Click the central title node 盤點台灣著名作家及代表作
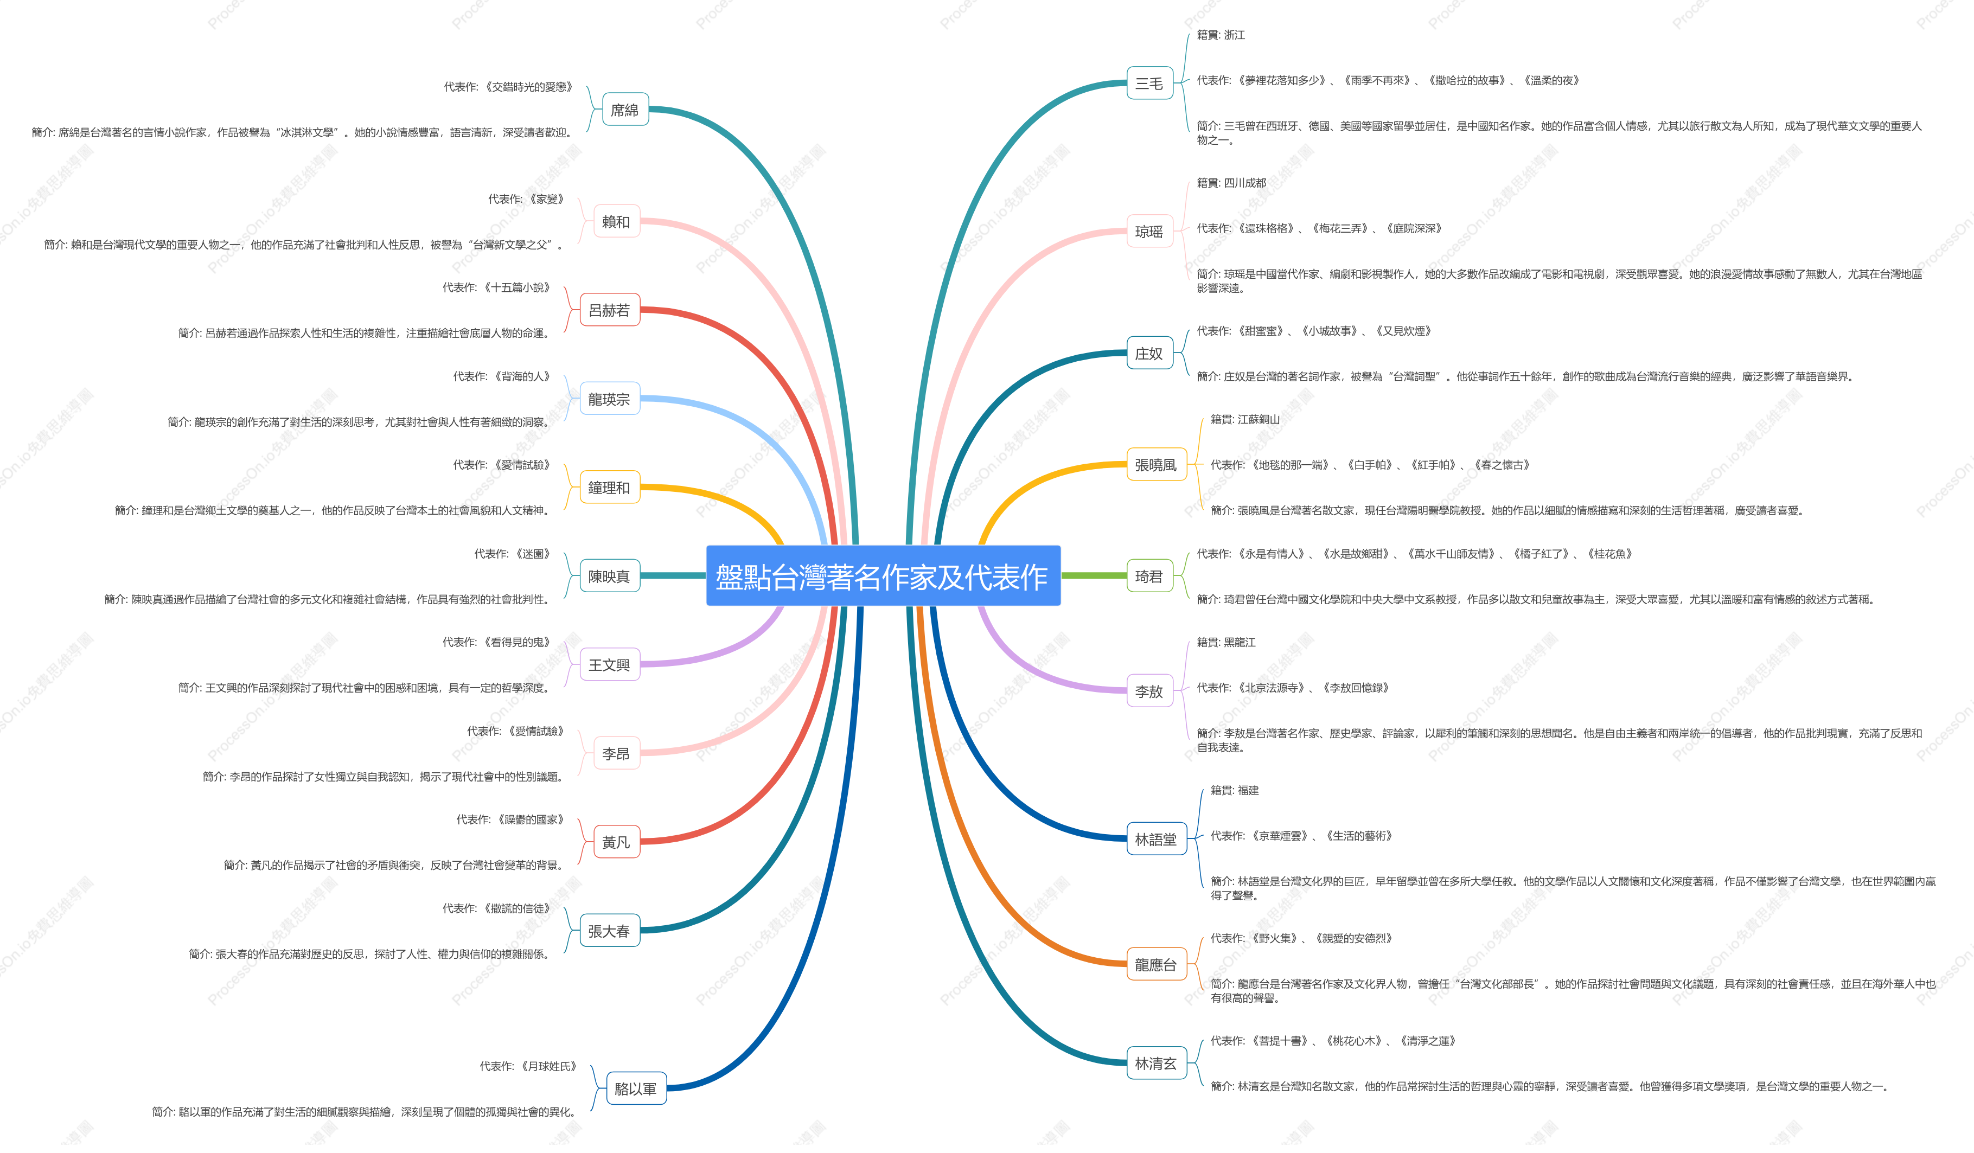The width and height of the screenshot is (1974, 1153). click(x=883, y=576)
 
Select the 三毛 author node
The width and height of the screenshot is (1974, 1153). click(x=1149, y=83)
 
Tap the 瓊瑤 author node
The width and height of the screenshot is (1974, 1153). click(x=1149, y=231)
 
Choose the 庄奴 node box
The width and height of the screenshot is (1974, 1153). click(x=1149, y=353)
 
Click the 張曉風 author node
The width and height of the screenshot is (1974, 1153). click(x=1156, y=464)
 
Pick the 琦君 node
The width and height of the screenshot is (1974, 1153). click(x=1149, y=576)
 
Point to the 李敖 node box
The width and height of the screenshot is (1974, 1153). click(x=1149, y=691)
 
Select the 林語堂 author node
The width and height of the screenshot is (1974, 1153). click(x=1156, y=839)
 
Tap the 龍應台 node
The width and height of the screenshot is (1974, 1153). click(x=1156, y=964)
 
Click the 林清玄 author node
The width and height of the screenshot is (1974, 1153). click(x=1156, y=1063)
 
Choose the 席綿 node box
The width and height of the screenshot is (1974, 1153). click(x=624, y=110)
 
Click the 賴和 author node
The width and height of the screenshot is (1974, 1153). click(x=616, y=222)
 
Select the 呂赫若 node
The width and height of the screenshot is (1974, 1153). click(x=609, y=310)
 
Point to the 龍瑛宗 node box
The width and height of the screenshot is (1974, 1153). click(x=609, y=399)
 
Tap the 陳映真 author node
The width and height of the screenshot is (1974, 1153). click(x=609, y=576)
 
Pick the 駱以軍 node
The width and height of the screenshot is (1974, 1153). click(x=636, y=1088)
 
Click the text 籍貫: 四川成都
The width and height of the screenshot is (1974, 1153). click(x=1231, y=183)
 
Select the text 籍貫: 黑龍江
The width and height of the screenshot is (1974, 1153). click(x=1226, y=642)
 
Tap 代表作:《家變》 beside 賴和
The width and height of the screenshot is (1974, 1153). click(x=526, y=199)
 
